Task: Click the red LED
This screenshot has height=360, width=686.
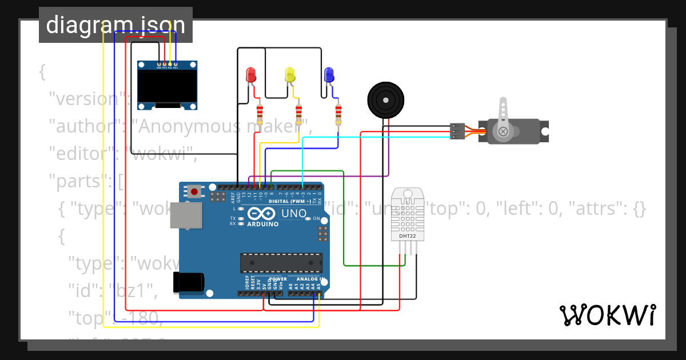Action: [250, 74]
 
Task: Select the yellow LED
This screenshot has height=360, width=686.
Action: [290, 74]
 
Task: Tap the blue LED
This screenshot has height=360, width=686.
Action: [329, 74]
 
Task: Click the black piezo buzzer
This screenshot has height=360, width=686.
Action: [385, 100]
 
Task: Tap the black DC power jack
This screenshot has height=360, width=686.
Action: [189, 282]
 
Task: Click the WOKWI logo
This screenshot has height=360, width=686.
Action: [607, 315]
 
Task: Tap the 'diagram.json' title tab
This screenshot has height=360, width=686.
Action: [115, 25]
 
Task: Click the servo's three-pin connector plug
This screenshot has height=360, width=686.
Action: [457, 131]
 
